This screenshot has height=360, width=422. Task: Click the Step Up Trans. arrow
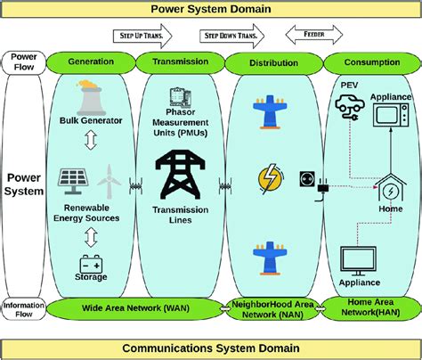[x=142, y=36]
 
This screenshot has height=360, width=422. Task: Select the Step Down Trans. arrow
[x=231, y=36]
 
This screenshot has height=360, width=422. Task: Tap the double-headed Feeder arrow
[x=314, y=35]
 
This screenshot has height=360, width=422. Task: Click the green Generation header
[x=91, y=62]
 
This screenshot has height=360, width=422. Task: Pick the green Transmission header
[x=180, y=62]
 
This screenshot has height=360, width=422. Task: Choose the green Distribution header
[x=273, y=63]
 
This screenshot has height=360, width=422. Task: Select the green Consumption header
[x=372, y=62]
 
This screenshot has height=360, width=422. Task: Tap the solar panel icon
[x=73, y=181]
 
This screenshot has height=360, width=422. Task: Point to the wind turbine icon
[x=109, y=182]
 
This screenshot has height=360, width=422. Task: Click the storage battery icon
[x=91, y=264]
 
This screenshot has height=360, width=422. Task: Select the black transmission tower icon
[x=180, y=175]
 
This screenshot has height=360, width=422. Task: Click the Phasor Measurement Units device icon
[x=181, y=97]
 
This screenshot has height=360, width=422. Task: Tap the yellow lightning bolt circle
[x=271, y=179]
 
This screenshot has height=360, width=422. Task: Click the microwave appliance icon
[x=391, y=114]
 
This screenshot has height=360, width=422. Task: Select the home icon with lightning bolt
[x=390, y=188]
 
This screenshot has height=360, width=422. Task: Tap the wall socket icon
[x=307, y=179]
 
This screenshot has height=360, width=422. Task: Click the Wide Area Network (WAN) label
[x=135, y=308]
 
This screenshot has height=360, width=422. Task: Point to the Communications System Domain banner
[x=211, y=348]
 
